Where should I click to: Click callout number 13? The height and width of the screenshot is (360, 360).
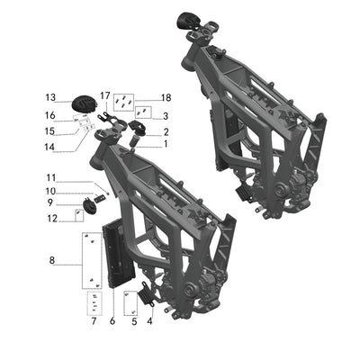pos(51,97)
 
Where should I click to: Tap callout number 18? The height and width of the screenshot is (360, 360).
pos(166,97)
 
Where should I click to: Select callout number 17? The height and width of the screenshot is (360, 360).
pos(105,94)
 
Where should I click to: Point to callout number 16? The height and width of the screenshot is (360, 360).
pos(51,116)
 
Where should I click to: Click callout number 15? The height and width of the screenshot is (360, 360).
pos(51,131)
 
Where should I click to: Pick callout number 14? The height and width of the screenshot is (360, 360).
pos(51,147)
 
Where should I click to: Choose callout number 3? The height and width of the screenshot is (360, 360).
pos(166,116)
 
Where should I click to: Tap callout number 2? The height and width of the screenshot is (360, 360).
pos(166,131)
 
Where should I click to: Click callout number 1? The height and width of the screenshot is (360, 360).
pos(166,144)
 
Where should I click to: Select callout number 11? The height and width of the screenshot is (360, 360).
pos(51,177)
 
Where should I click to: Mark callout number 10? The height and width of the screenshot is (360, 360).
pos(51,191)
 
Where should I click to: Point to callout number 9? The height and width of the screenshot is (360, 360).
pos(51,203)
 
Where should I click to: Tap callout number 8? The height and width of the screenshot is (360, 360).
pos(51,261)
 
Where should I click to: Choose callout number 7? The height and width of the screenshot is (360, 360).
pos(92,320)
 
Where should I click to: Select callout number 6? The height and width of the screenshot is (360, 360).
pos(112,320)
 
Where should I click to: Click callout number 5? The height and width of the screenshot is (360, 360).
pos(133,320)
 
